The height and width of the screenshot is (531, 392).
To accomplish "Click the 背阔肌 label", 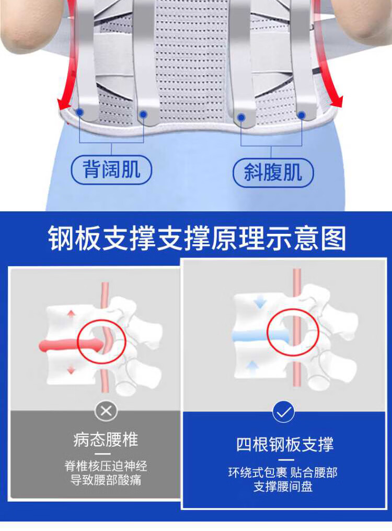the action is [x=111, y=170].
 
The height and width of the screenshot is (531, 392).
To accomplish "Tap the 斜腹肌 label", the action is [x=273, y=172].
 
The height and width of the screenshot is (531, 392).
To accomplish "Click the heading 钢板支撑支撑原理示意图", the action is [x=197, y=239].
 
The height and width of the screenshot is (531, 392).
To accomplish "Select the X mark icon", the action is [x=106, y=411].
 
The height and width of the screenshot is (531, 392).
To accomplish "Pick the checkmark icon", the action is [x=283, y=412].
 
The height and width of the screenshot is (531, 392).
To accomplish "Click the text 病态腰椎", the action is [x=106, y=439].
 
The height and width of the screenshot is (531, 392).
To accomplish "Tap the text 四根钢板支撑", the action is [x=285, y=444].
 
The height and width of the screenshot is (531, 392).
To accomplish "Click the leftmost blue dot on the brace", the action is [x=79, y=111].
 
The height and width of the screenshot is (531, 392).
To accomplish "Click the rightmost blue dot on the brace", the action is [x=302, y=115].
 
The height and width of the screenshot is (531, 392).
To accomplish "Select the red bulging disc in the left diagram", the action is [x=71, y=345].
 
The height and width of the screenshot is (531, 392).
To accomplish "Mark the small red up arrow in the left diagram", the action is [x=71, y=313].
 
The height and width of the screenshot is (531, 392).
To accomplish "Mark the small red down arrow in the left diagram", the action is [x=71, y=370].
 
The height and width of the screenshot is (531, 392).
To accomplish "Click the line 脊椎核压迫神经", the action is [x=106, y=466].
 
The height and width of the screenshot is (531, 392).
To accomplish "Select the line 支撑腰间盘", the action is [x=283, y=487].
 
